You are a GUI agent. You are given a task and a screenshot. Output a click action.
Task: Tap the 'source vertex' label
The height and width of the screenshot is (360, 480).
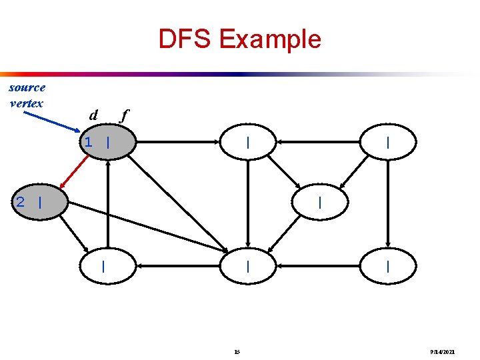(x=27, y=95)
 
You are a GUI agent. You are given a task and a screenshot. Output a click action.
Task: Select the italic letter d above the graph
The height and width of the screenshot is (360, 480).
(x=93, y=115)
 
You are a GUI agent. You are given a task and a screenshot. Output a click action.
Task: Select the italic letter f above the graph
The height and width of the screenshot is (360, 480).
(x=123, y=115)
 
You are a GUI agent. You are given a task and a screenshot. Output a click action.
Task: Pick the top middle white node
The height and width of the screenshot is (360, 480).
(x=248, y=142)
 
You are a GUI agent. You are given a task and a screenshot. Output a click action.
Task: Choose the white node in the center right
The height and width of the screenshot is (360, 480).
(x=321, y=202)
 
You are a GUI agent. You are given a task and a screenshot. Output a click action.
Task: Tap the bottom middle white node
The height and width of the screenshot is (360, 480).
(x=248, y=266)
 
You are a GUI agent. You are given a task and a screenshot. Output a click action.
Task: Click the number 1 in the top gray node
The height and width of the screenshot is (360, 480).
(x=87, y=142)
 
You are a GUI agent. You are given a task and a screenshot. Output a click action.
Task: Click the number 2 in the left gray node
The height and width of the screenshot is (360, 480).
(x=21, y=202)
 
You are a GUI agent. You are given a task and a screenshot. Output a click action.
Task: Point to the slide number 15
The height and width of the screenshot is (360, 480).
(x=238, y=351)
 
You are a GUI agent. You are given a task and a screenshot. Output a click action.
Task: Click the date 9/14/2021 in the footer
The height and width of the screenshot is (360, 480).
(x=443, y=351)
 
